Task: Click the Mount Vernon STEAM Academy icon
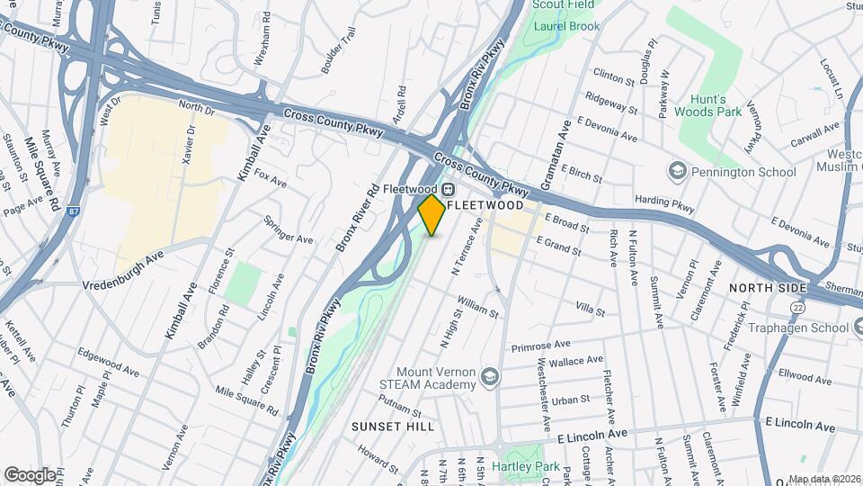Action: [490, 374]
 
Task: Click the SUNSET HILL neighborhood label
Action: [393, 426]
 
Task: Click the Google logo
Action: [29, 474]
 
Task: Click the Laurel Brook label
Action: [566, 27]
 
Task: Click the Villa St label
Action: [590, 310]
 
